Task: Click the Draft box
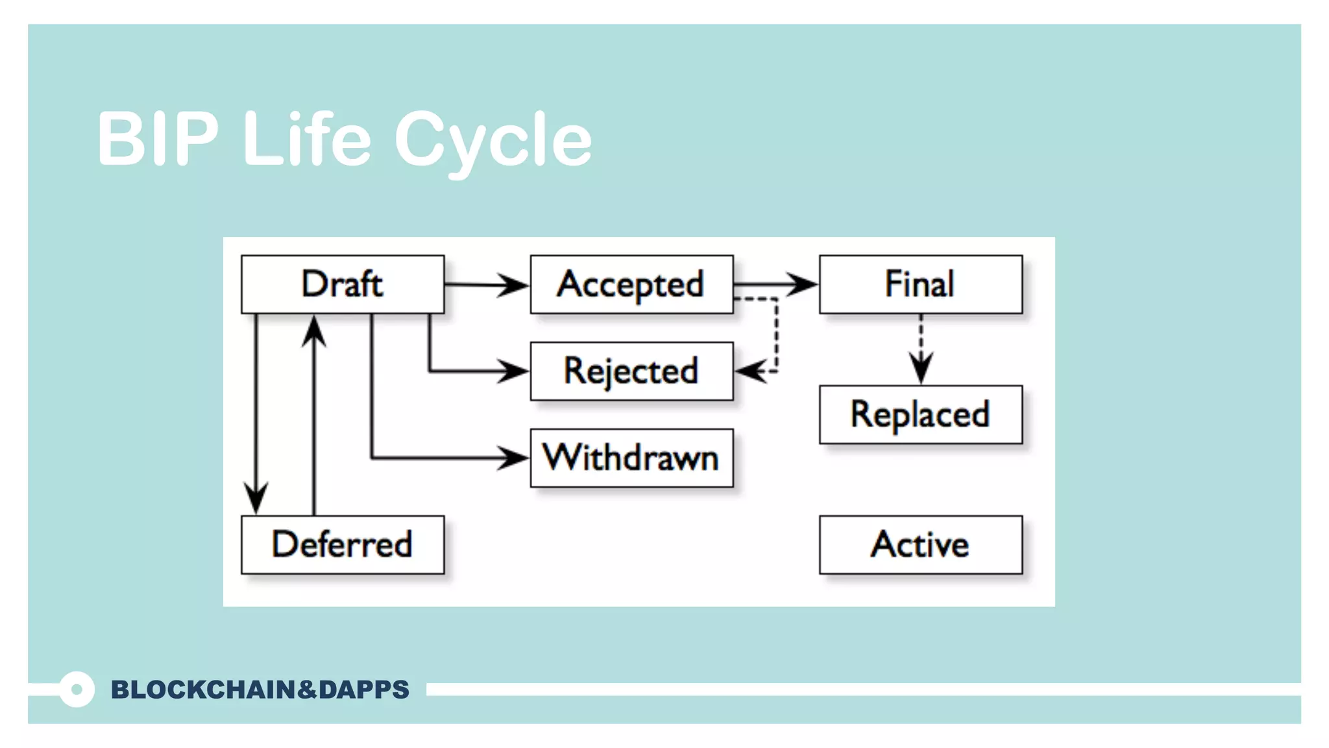343,284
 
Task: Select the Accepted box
631,284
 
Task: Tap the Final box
920,284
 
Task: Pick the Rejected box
631,371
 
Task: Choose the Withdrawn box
631,458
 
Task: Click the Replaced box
920,415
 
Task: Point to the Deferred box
343,545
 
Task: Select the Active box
920,545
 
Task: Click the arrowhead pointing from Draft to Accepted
513,284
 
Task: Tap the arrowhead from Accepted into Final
802,284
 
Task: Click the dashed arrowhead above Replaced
921,368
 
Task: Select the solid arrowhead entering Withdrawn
513,458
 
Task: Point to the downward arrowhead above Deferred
256,498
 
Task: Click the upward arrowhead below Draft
314,332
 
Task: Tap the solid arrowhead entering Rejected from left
513,371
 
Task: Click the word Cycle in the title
493,140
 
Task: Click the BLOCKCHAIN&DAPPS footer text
260,690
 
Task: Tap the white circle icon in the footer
77,690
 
